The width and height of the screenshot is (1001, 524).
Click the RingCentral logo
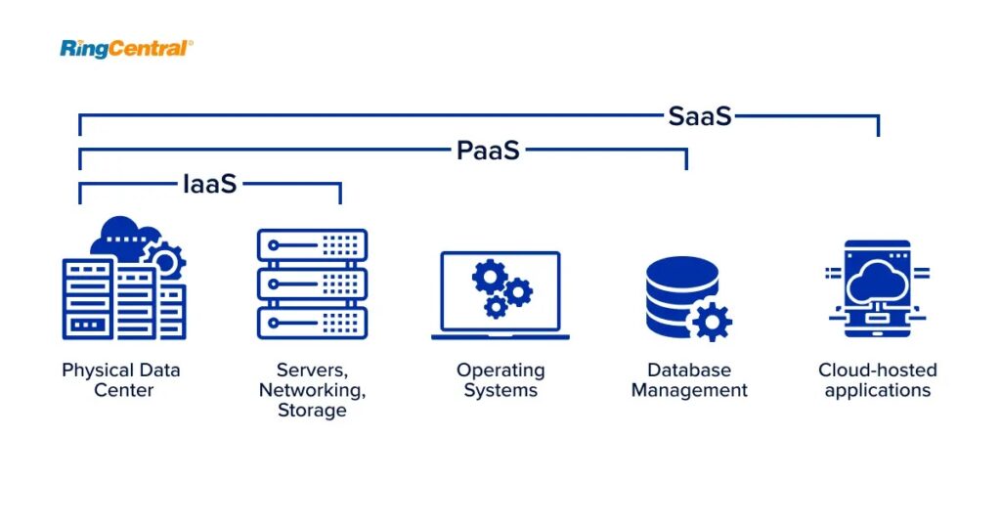point(126,48)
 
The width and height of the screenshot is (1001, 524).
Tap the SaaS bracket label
point(700,116)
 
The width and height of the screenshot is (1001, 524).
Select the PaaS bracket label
point(488,151)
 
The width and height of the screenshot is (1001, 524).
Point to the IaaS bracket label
point(210,184)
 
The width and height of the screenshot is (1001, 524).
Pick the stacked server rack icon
point(312,284)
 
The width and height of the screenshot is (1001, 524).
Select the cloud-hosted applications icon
point(877,288)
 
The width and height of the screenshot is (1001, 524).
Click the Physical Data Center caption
point(121,380)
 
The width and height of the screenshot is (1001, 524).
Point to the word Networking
point(312,390)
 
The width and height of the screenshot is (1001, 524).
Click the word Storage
point(312,411)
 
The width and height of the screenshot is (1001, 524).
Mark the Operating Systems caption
point(500,380)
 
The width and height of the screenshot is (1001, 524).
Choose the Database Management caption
point(689,380)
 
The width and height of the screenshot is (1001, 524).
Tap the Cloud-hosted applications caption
point(877,380)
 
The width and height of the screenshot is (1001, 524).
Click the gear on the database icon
point(711,321)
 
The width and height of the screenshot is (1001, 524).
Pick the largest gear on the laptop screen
point(489,277)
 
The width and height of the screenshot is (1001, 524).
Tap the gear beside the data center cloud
point(164,259)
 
